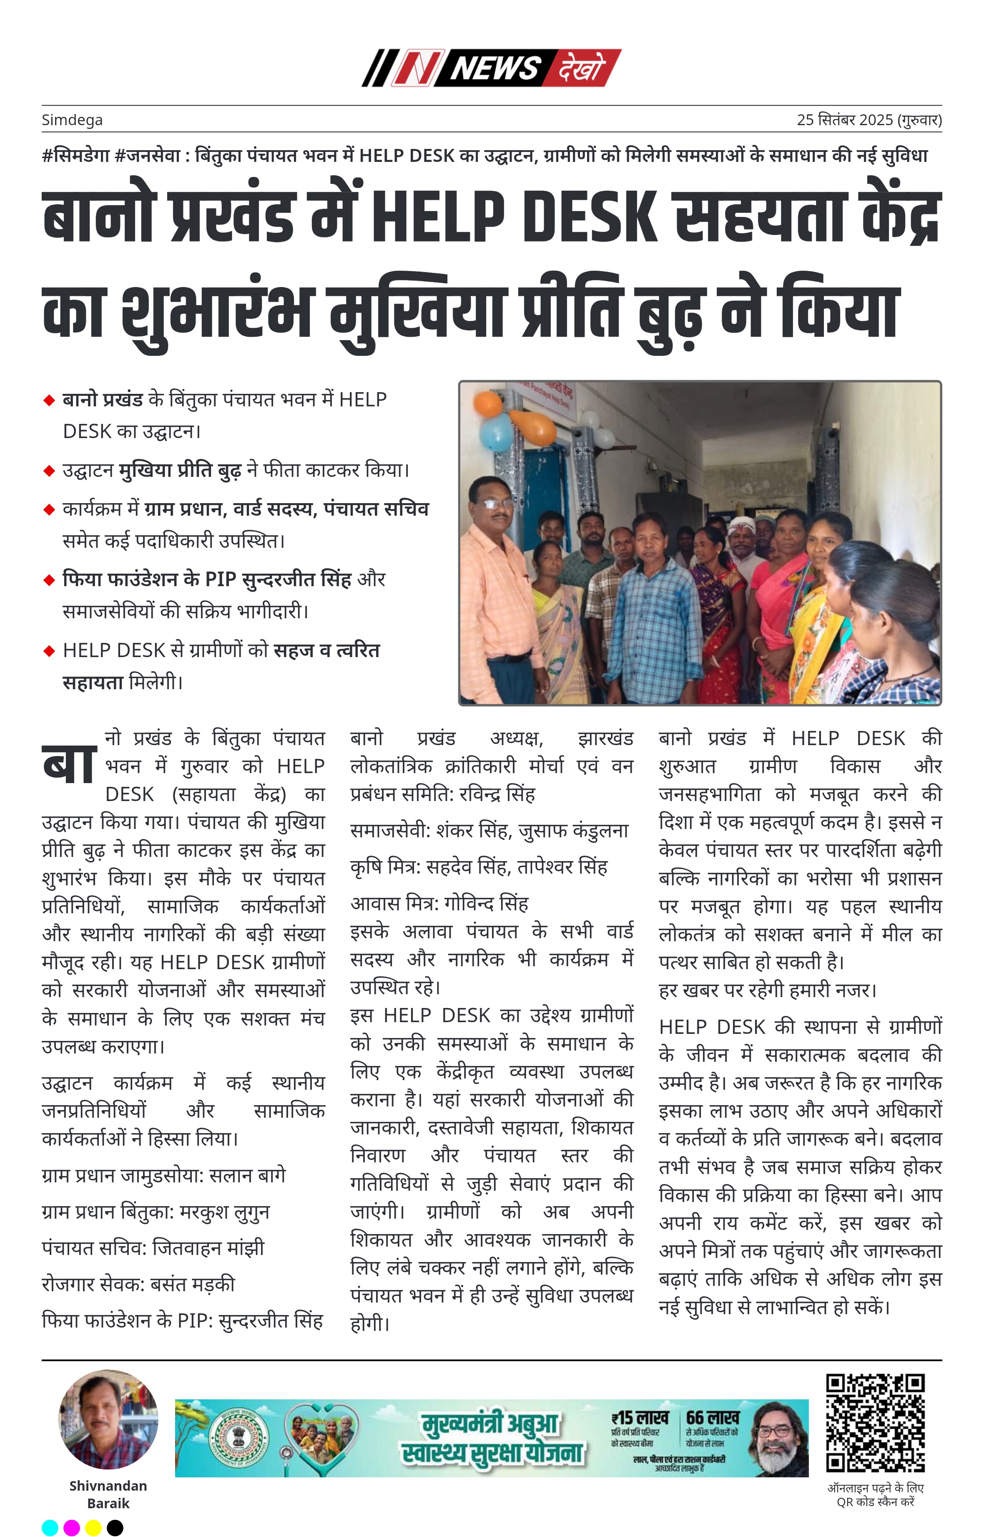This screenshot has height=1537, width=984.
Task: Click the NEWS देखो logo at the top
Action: click(x=491, y=68)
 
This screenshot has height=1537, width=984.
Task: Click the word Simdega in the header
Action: click(x=72, y=120)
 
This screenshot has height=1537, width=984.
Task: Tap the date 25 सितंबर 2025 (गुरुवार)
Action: click(x=869, y=120)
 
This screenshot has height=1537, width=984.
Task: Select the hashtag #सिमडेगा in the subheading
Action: click(x=76, y=155)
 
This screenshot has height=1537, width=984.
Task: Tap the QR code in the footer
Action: click(x=875, y=1423)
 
